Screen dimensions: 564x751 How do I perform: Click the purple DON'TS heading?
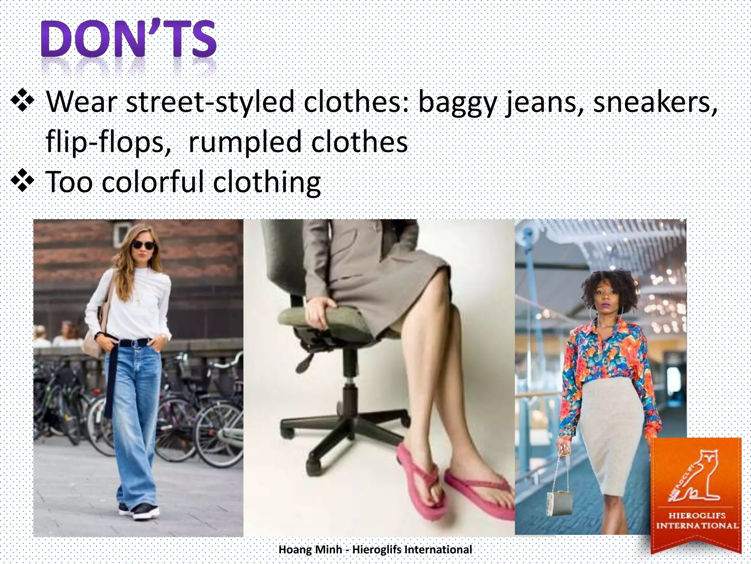point(128,39)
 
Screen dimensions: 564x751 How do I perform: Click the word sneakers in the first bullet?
point(655,102)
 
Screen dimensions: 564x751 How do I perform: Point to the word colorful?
point(152,182)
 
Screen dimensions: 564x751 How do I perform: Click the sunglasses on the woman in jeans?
point(143,245)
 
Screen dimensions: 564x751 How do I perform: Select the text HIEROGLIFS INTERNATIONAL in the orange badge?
point(697,520)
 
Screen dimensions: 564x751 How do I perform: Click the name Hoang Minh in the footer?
point(310,550)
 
